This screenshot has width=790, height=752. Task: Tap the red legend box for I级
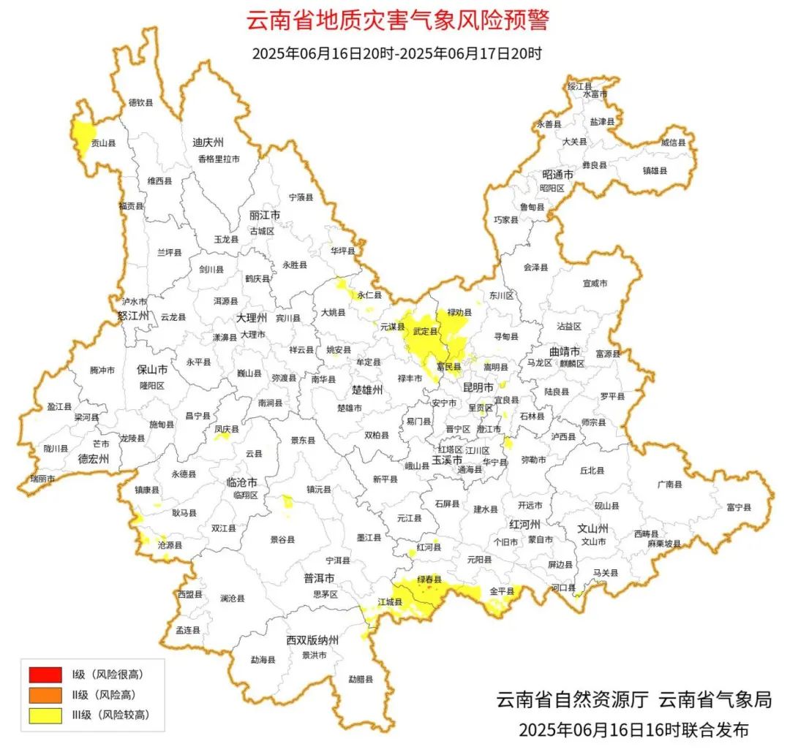tap(45, 673)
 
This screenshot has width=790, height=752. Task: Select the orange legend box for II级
tap(45, 694)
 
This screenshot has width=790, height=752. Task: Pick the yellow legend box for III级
tap(45, 715)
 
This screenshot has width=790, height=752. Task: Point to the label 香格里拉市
tap(218, 159)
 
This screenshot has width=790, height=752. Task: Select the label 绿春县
tap(429, 580)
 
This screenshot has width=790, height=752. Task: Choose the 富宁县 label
tap(739, 506)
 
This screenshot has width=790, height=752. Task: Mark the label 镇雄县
tap(655, 170)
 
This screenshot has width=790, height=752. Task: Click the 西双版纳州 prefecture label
tap(312, 641)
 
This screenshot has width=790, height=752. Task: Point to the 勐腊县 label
tap(361, 679)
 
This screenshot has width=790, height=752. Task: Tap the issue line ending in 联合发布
tap(633, 729)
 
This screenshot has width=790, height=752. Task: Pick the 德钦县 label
tap(141, 103)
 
